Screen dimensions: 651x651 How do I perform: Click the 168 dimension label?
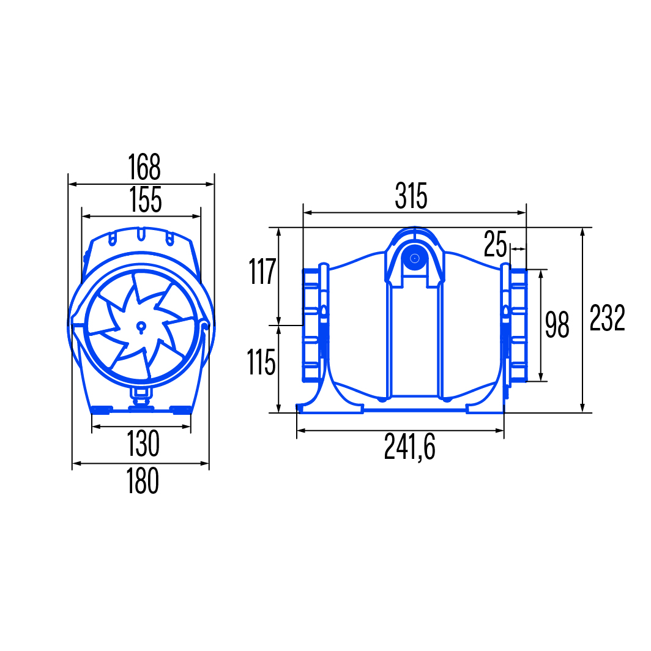(x=144, y=167)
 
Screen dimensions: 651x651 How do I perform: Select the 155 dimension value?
(x=146, y=199)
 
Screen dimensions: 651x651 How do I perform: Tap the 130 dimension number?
(x=143, y=444)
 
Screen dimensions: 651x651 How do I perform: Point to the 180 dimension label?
(x=143, y=480)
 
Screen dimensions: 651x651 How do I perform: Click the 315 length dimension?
(x=411, y=196)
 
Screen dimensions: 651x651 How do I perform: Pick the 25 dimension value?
(x=496, y=244)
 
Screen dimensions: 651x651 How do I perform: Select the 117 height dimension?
(x=262, y=271)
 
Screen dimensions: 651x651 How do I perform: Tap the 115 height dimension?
(x=261, y=362)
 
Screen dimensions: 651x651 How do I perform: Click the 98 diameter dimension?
(x=557, y=325)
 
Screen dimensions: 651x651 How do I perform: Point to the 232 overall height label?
(x=608, y=318)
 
